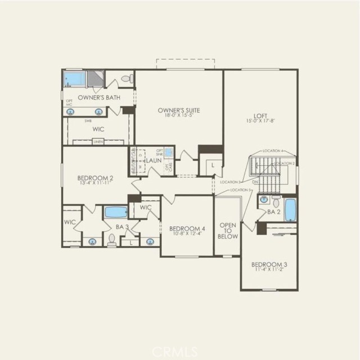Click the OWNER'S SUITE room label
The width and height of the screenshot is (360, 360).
point(179,110)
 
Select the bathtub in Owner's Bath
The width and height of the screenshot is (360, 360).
point(73,79)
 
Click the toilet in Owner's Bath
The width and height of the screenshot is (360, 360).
point(127,79)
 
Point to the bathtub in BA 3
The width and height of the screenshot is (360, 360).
point(116,212)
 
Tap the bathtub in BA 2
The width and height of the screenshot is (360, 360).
point(290,210)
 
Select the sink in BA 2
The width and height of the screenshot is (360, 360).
point(276,201)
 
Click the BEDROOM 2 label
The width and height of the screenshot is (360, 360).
point(95,178)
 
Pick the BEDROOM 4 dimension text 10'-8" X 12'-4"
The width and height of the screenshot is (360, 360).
point(187,235)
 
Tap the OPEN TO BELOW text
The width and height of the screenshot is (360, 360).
point(228,230)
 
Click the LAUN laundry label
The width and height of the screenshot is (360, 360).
point(155,160)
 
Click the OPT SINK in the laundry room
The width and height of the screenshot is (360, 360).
point(168,152)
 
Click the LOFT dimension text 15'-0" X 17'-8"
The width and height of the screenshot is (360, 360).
point(261,121)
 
